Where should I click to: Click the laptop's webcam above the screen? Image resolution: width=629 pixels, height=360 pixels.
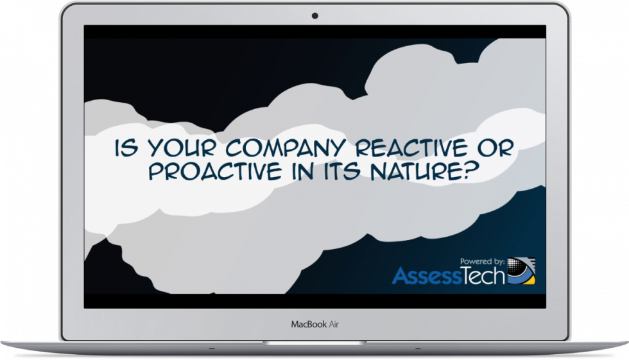point(314,15)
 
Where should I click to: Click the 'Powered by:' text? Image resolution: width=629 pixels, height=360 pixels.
point(482,261)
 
